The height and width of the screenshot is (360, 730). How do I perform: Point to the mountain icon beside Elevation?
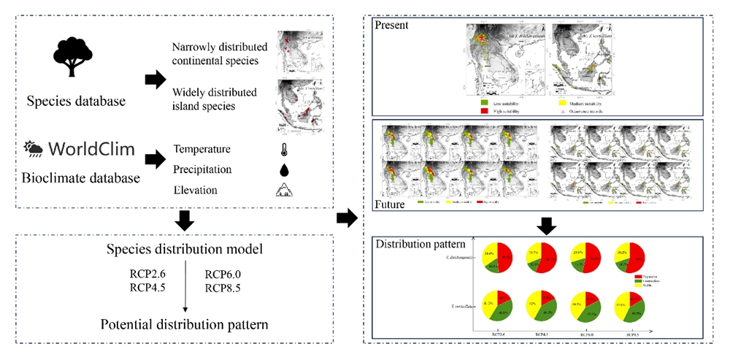[x=283, y=191]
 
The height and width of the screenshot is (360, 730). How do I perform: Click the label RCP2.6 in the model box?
[x=150, y=275]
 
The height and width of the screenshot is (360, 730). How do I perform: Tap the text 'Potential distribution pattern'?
[x=185, y=323]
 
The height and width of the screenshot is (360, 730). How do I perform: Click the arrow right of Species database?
[x=155, y=80]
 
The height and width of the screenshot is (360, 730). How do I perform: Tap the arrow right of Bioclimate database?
[x=155, y=158]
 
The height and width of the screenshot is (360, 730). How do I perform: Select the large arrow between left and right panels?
[x=347, y=218]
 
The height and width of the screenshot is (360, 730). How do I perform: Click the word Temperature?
[x=202, y=150]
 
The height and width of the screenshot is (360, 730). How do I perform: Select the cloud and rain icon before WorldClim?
[x=34, y=150]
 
